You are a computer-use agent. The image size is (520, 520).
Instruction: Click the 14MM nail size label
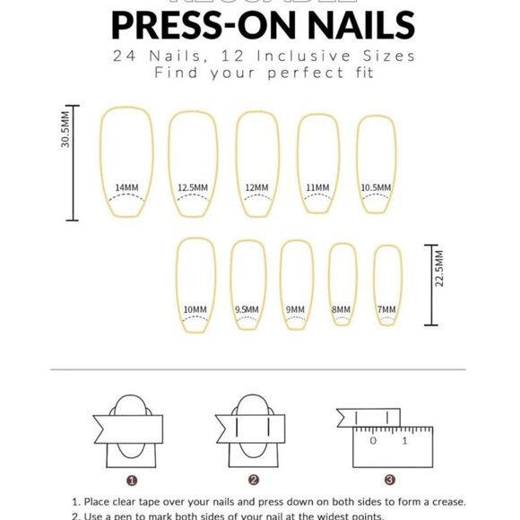pyautogui.click(x=126, y=187)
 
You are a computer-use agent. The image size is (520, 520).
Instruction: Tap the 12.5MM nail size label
pyautogui.click(x=193, y=187)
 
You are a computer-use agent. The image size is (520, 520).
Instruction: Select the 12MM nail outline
pyautogui.click(x=256, y=161)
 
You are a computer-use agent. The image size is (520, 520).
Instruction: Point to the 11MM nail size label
pyautogui.click(x=317, y=187)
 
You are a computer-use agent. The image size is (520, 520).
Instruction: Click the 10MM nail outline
pyautogui.click(x=195, y=282)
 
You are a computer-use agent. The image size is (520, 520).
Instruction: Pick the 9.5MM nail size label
pyautogui.click(x=247, y=310)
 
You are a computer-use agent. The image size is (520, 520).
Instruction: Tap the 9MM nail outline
pyautogui.click(x=296, y=282)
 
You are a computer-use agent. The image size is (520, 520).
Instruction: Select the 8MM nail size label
pyautogui.click(x=342, y=310)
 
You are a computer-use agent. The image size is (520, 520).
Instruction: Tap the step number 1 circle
pyautogui.click(x=131, y=480)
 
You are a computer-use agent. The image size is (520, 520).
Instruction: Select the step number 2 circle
pyautogui.click(x=254, y=480)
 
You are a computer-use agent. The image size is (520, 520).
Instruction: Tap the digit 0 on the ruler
pyautogui.click(x=373, y=440)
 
